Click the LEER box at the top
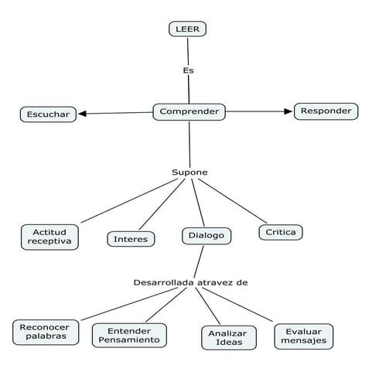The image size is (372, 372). pos(188,29)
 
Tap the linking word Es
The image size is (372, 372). pos(188,70)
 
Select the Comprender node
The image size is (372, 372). pos(189,112)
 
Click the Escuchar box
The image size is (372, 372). pos(48,114)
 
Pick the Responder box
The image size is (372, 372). pos(326,111)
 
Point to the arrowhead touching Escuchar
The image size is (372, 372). pos(82,114)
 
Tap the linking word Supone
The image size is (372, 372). pos(189,172)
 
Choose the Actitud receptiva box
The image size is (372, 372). pos(50,237)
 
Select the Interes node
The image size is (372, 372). pos(130,239)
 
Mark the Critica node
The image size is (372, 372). pos(280,231)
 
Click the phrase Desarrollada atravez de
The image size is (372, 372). pos(190,282)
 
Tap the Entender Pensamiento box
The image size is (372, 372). pos(128,335)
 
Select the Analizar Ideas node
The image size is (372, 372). pos(224,337)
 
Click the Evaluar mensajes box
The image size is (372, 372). pos(303,336)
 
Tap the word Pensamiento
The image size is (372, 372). pos(128,340)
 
